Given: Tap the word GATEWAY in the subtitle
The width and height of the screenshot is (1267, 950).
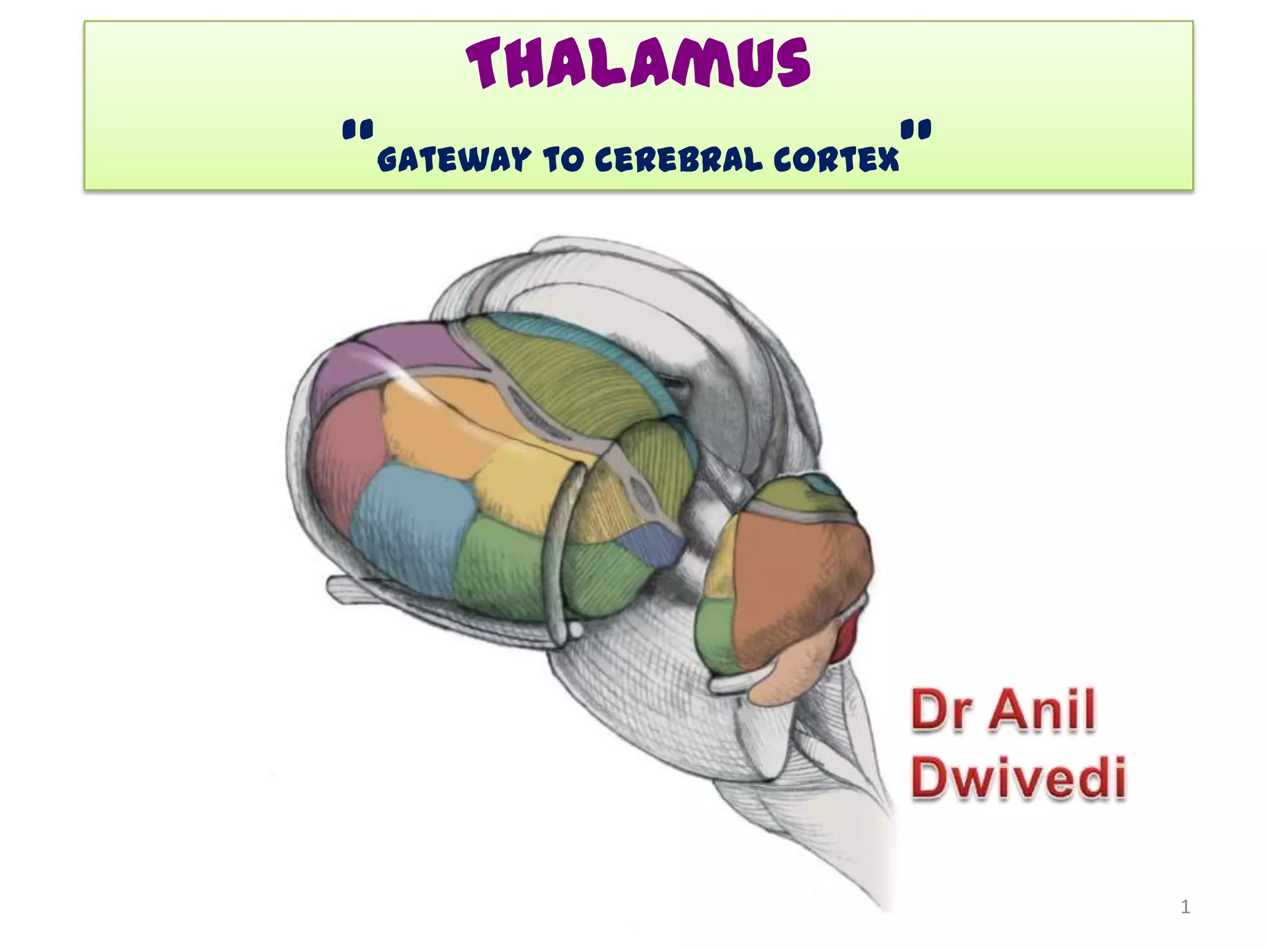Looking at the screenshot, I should [x=453, y=160].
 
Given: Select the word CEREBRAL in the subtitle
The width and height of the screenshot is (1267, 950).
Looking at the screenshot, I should [x=678, y=160].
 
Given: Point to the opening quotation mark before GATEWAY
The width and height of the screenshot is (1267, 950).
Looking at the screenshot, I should [x=358, y=131].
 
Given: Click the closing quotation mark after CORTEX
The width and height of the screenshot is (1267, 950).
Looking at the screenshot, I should [x=916, y=131].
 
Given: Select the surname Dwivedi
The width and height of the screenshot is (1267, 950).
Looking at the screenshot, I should [x=1018, y=778].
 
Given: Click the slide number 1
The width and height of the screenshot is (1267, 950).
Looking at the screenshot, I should [x=1185, y=907].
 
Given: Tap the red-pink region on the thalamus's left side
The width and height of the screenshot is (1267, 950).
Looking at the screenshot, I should [x=340, y=458].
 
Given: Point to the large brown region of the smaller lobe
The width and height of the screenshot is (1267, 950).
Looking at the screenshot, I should [x=798, y=569].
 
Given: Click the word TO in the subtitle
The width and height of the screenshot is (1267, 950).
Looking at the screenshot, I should [x=562, y=160].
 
